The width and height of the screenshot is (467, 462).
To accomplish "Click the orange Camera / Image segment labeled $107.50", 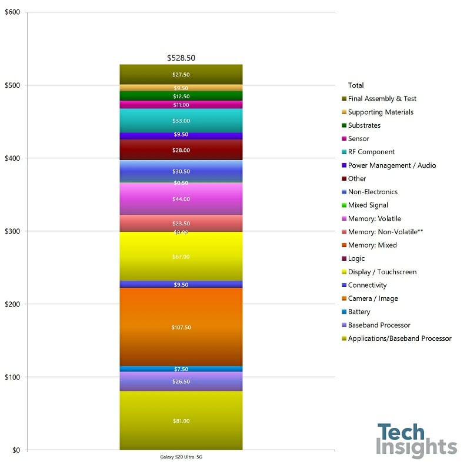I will [x=181, y=327].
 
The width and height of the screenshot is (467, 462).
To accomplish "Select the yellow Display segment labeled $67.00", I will [x=181, y=257].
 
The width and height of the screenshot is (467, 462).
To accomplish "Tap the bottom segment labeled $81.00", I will [x=181, y=421].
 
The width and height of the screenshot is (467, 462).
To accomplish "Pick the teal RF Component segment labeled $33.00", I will [x=181, y=121].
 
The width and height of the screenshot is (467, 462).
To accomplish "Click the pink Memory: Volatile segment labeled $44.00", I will [x=181, y=199].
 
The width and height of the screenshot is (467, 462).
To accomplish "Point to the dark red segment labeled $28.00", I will [x=181, y=150].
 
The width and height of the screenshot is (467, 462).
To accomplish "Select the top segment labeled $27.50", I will [x=181, y=75].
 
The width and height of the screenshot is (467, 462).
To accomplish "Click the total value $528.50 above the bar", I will [x=181, y=58].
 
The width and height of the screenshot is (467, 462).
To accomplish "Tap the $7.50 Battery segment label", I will [x=181, y=369].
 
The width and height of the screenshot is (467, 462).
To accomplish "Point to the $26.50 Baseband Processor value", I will [x=181, y=381].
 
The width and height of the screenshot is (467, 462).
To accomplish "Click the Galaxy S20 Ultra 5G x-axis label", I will [x=181, y=457].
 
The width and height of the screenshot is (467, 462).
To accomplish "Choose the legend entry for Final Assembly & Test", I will [x=382, y=99].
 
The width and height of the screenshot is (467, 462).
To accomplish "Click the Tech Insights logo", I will [x=416, y=440].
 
